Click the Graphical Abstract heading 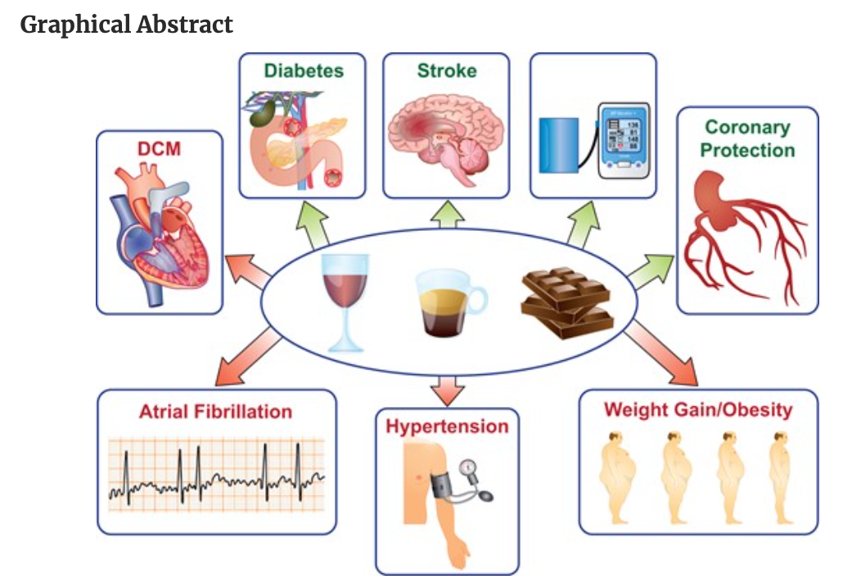(x=127, y=25)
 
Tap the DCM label (x=160, y=150)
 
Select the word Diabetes (x=304, y=70)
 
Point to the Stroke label (x=446, y=70)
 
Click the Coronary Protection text (x=749, y=138)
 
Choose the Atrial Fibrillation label (x=215, y=411)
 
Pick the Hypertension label (x=447, y=427)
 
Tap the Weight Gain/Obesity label (x=698, y=409)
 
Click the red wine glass (x=344, y=300)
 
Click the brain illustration (x=446, y=135)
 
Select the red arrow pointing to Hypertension (x=447, y=389)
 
